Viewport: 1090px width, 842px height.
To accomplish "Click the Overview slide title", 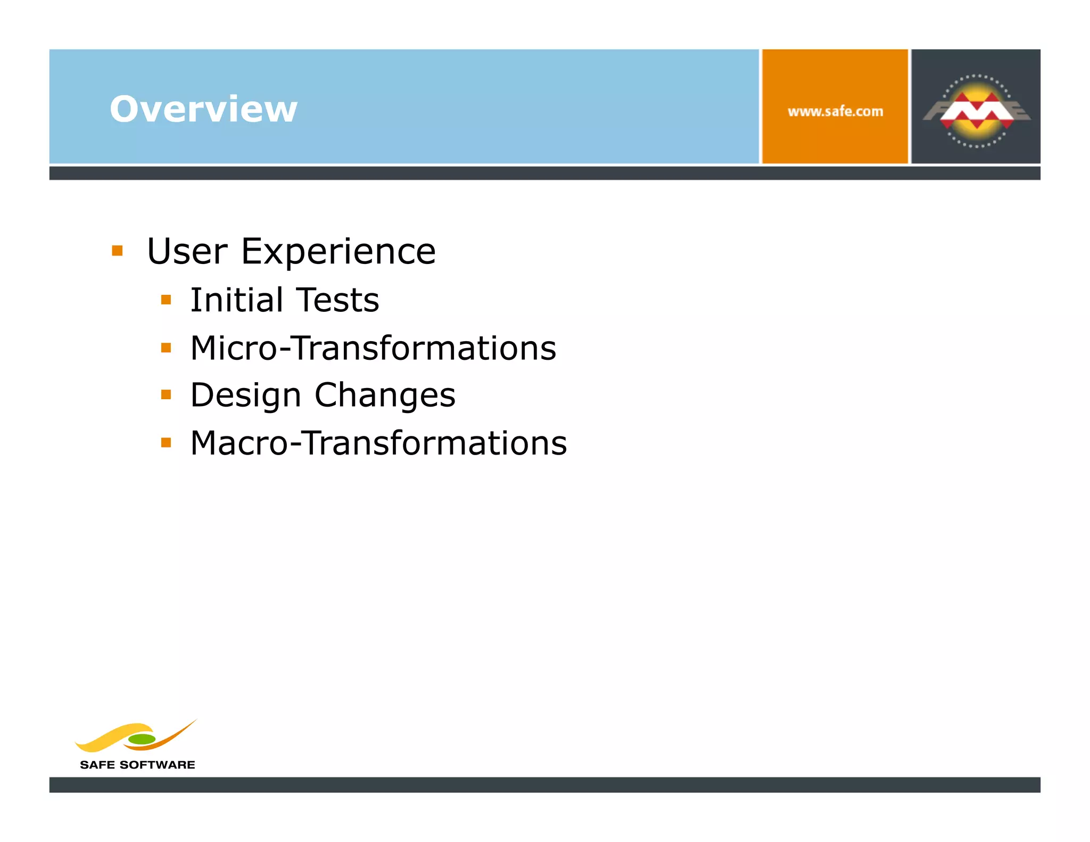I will (203, 109).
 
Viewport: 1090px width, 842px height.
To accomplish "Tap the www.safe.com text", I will (835, 112).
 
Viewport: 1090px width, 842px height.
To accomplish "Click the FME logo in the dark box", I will (976, 110).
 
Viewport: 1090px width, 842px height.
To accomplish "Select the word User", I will (187, 251).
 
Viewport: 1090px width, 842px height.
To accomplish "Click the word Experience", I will (338, 251).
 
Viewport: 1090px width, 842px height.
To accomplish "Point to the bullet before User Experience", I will (118, 251).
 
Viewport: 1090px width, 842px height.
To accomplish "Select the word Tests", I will (337, 300).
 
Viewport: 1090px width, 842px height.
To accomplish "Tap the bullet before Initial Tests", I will (166, 300).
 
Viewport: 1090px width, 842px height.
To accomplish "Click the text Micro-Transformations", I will (373, 348).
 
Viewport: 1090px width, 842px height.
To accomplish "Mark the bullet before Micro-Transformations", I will (166, 348).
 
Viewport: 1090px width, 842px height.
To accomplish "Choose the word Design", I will (246, 395).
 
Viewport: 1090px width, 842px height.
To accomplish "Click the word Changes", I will (385, 395).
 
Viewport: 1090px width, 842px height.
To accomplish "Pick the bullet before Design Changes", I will (166, 395).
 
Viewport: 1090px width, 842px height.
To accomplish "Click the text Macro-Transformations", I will (378, 443).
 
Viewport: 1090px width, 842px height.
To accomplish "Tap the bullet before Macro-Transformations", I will (166, 442).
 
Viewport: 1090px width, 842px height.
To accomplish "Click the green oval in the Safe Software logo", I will (142, 739).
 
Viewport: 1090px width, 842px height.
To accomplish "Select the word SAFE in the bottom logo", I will (97, 765).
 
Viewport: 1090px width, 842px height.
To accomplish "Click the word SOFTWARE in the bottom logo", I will (157, 765).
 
